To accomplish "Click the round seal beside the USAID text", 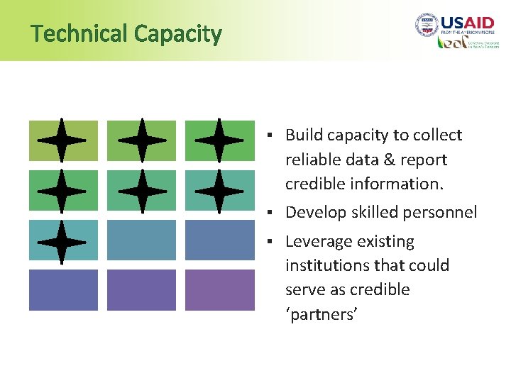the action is [x=426, y=26].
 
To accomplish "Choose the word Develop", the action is [x=316, y=212].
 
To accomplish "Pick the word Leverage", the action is [x=317, y=241].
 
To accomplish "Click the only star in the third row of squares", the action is [x=62, y=241].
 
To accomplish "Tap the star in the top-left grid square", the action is [x=62, y=140].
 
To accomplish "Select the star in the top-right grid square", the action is [x=219, y=140].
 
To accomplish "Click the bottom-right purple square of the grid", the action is [x=219, y=289].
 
